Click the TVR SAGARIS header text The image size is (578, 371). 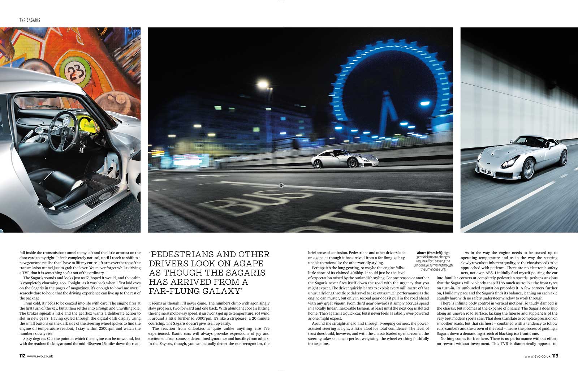(30, 20)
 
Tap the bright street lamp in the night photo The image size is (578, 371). (263, 84)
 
